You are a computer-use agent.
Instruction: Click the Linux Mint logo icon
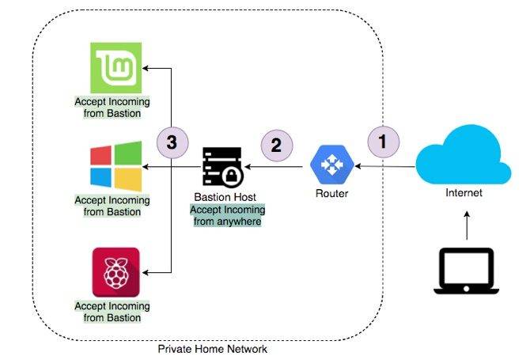[x=116, y=67]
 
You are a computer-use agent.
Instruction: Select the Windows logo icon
[x=116, y=166]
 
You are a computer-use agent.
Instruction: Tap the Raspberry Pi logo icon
[x=116, y=272]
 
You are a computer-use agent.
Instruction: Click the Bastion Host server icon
[x=223, y=166]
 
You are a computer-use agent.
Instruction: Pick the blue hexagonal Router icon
[x=332, y=165]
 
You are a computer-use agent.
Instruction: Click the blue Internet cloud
[x=464, y=156]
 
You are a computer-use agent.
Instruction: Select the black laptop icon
[x=467, y=271]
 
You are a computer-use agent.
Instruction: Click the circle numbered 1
[x=384, y=142]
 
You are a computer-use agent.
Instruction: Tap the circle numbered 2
[x=277, y=146]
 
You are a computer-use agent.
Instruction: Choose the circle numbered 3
[x=172, y=142]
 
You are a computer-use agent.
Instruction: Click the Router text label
[x=332, y=193]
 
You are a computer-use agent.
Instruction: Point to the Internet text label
[x=464, y=193]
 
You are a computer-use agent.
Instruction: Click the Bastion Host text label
[x=225, y=197]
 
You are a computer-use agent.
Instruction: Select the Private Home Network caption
[x=213, y=349]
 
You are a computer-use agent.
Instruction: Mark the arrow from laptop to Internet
[x=467, y=225]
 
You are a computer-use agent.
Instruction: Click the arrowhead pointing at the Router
[x=358, y=166]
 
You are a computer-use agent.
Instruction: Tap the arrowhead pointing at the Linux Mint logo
[x=146, y=68]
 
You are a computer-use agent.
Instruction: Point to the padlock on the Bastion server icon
[x=231, y=176]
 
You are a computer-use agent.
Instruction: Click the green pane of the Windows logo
[x=128, y=153]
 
